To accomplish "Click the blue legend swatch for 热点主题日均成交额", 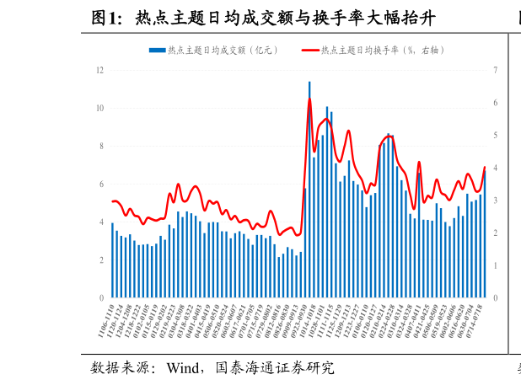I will (157, 51).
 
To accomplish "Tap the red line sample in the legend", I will (309, 51).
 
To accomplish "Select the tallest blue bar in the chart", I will (309, 190).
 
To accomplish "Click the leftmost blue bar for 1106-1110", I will (112, 260).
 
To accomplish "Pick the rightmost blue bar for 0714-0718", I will (485, 235).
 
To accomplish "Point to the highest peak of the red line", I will (309, 99).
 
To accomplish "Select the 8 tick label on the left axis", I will (101, 146).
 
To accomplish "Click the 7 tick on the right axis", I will (496, 70).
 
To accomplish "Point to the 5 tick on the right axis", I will (496, 135).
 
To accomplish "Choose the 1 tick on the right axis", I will (496, 265).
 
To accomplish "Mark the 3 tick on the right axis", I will (496, 201).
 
